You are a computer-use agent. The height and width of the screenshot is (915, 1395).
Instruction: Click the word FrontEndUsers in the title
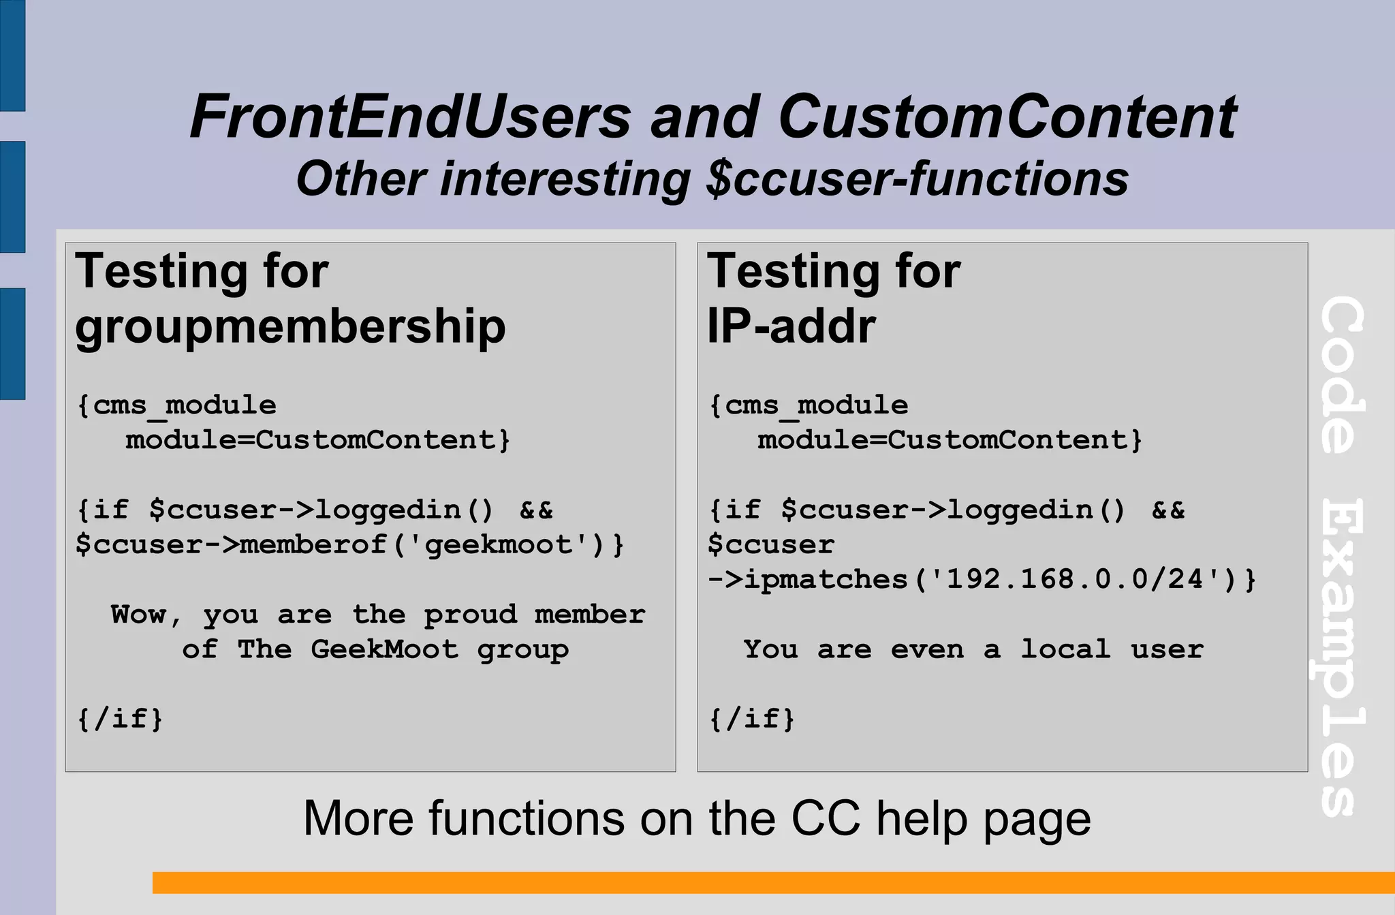coord(410,117)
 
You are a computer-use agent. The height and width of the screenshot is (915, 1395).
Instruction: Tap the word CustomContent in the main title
coord(1007,117)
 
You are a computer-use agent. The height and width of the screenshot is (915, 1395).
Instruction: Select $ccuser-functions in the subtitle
coord(917,179)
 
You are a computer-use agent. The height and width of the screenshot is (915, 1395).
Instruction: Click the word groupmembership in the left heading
coord(290,326)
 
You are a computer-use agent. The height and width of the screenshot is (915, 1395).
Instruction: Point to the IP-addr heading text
coord(791,326)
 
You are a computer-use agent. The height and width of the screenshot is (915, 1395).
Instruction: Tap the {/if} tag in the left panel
coord(120,719)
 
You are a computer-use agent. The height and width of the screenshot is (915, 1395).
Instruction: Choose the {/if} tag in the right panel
coord(752,719)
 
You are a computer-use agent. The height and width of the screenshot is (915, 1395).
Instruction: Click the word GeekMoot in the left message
coord(384,649)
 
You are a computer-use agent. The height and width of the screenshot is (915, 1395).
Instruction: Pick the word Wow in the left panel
coord(138,615)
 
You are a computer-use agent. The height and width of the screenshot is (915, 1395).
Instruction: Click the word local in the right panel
coord(1065,649)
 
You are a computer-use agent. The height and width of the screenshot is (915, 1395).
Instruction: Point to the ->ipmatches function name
coord(808,580)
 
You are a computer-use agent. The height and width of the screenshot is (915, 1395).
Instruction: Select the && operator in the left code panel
coord(536,510)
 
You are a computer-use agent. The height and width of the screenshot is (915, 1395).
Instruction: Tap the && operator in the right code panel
coord(1168,510)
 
